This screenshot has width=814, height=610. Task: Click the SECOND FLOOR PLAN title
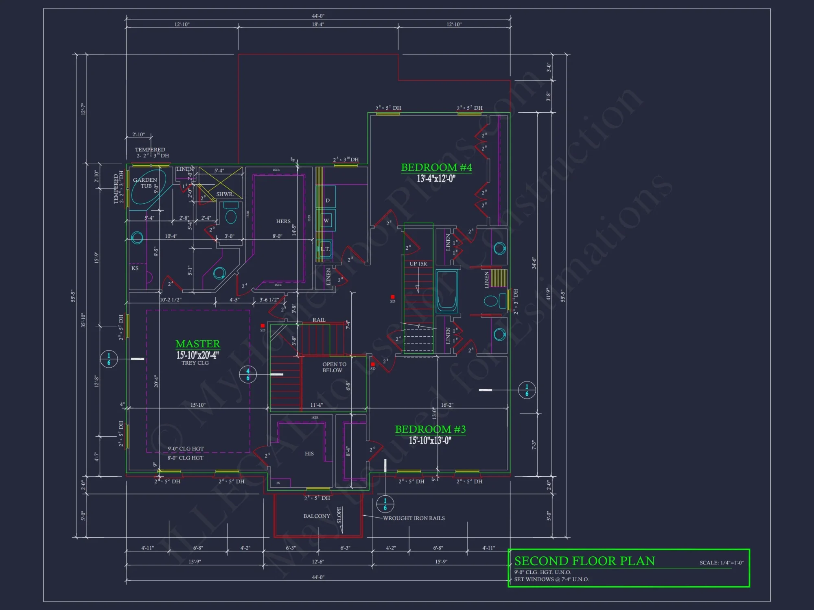click(584, 561)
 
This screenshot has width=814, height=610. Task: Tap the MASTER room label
click(198, 344)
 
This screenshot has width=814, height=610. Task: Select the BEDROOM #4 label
click(436, 168)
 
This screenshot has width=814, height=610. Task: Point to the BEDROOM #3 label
click(430, 429)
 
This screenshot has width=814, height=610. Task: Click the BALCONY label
click(317, 516)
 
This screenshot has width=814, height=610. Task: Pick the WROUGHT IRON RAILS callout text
click(414, 518)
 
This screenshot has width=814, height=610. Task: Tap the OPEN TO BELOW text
click(334, 367)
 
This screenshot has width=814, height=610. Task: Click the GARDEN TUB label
click(145, 183)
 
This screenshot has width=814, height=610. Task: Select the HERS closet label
click(283, 221)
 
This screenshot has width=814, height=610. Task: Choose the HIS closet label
click(309, 453)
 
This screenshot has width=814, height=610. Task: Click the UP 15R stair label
click(418, 264)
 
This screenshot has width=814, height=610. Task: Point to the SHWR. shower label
click(225, 194)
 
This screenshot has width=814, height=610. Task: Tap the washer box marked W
click(326, 220)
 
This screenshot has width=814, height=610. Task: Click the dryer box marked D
click(327, 200)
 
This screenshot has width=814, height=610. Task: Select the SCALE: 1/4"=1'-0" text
click(721, 563)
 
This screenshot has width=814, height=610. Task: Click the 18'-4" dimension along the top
click(318, 24)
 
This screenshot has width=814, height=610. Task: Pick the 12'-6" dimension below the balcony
click(318, 562)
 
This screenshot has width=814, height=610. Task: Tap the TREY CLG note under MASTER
click(195, 363)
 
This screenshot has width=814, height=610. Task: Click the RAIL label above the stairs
click(319, 320)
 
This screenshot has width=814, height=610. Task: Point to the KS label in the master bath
click(135, 268)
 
